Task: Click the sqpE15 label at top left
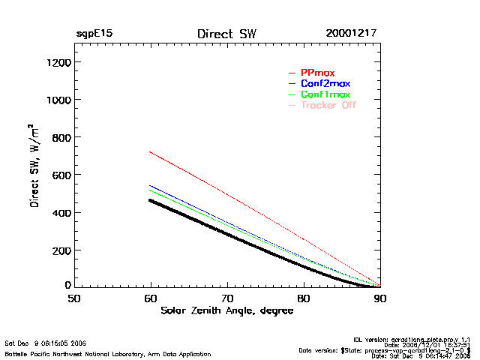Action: [x=94, y=34]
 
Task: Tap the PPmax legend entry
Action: [x=317, y=73]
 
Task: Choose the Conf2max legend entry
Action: [x=325, y=83]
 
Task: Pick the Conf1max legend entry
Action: [x=325, y=94]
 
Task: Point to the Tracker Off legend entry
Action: [x=328, y=105]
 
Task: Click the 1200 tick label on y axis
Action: [x=58, y=62]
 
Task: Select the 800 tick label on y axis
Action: [x=61, y=137]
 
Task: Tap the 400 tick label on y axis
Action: [x=61, y=212]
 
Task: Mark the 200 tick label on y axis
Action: [x=61, y=250]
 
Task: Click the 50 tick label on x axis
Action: [x=74, y=298]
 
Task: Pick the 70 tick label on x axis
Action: [x=227, y=298]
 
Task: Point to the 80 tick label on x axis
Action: [x=304, y=298]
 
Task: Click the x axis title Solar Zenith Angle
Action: [x=227, y=310]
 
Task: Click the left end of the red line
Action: [x=151, y=151]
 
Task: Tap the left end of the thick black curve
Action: [x=151, y=199]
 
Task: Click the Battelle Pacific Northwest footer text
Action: [x=108, y=353]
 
